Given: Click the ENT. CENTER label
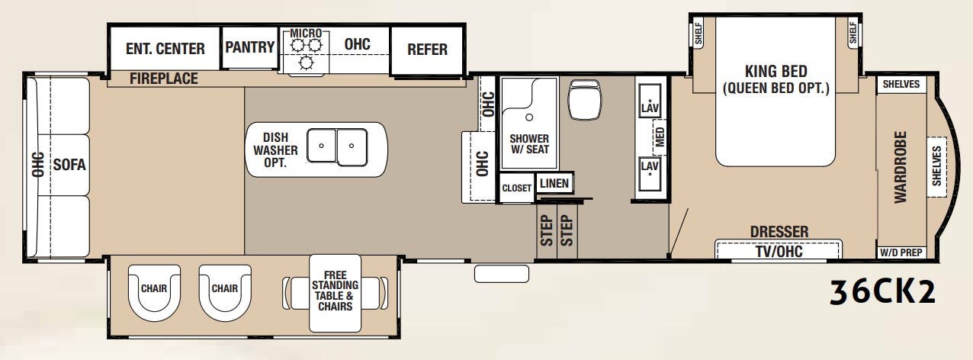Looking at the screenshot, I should (165, 49).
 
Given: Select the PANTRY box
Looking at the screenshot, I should (250, 48).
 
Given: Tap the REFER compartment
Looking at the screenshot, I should (427, 50).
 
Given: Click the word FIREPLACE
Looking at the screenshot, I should (163, 79).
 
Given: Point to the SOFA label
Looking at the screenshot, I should (69, 165).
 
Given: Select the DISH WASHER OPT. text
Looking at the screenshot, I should (275, 150).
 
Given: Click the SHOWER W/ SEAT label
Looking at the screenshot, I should (528, 144).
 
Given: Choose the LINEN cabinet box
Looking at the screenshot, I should (554, 184).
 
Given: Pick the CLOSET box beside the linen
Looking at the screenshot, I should (516, 188).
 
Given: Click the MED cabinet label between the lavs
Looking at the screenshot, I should (660, 138).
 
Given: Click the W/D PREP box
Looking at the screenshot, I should (901, 252).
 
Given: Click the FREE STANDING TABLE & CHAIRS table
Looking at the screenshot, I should (335, 291).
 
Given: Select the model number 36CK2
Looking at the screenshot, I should (883, 291).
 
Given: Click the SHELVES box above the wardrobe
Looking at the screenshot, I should (901, 84).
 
